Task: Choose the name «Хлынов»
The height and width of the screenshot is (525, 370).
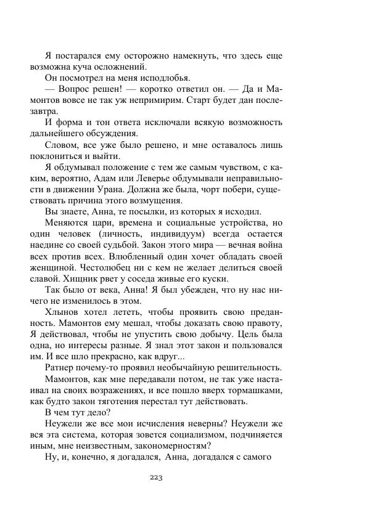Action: [x=65, y=311]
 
